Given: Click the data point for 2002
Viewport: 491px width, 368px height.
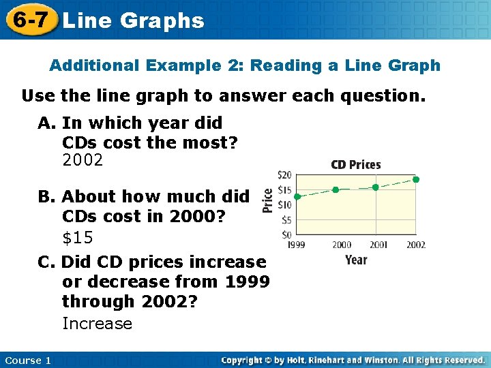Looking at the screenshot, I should [416, 180].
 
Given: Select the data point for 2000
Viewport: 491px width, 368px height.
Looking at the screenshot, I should [336, 189].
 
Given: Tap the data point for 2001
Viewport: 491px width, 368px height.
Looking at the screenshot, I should [376, 187].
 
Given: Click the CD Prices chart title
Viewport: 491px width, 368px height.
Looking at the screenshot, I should [356, 164].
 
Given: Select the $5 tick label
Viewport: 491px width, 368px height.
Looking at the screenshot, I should [286, 220].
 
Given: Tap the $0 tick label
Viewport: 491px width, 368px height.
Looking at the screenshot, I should [286, 234].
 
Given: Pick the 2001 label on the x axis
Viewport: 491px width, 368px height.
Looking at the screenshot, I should [377, 245].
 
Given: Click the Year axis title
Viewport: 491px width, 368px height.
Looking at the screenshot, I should [356, 260].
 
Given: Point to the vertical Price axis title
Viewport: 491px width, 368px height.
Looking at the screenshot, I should [268, 201].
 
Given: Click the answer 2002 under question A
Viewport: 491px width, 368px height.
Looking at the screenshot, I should [83, 161].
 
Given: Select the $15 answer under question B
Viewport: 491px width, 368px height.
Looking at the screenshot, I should [78, 239].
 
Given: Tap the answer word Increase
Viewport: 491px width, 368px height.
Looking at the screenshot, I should [97, 324].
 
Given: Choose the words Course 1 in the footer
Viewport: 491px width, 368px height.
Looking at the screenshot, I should [27, 360].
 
